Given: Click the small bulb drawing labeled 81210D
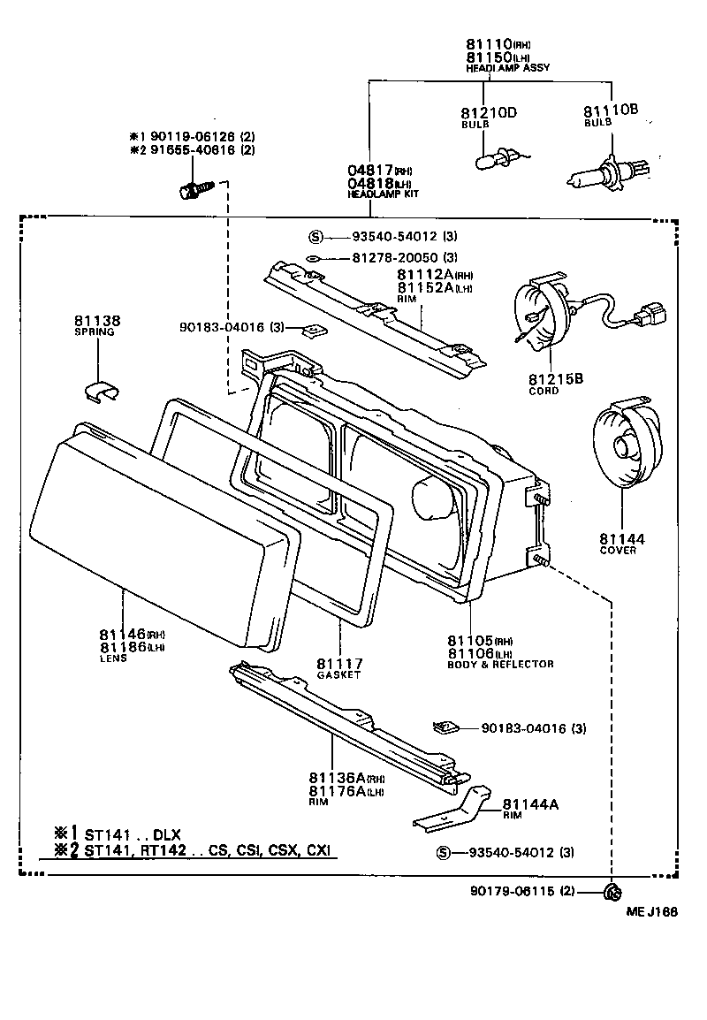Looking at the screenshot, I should tap(489, 160).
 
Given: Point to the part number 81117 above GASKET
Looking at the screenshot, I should tap(338, 663).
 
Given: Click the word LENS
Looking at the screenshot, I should tap(113, 658).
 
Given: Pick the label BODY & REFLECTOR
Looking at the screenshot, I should tap(500, 664).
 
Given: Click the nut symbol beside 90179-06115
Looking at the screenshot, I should tap(611, 891).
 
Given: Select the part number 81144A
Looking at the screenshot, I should tap(530, 803).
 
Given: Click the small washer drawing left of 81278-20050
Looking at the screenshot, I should tap(313, 258).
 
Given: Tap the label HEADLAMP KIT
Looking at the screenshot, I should tap(382, 194).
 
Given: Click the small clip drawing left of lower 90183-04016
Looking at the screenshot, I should tap(446, 727).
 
